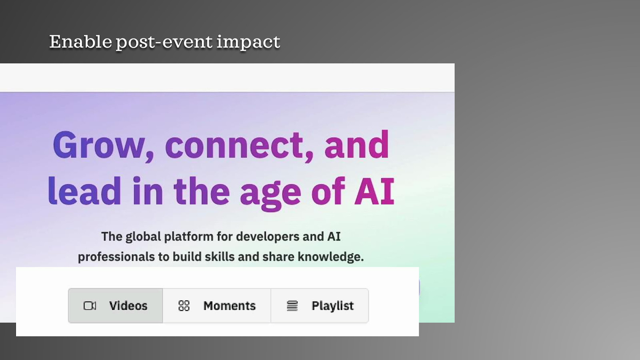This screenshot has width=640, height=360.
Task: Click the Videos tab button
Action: click(x=116, y=306)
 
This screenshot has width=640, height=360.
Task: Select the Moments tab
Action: click(x=216, y=306)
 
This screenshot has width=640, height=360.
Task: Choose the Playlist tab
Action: click(x=320, y=306)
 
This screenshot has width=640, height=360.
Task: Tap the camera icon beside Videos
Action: click(x=90, y=306)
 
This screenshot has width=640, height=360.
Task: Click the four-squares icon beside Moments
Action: click(x=184, y=306)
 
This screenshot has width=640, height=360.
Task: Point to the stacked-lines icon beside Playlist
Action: click(x=292, y=306)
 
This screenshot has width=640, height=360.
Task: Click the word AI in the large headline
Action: click(x=374, y=191)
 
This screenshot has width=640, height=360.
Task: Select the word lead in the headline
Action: click(x=84, y=191)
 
